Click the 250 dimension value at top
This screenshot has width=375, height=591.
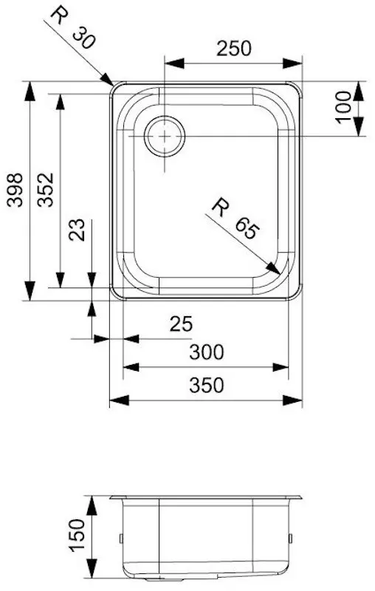pyautogui.click(x=234, y=48)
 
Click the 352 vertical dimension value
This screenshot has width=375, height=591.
pyautogui.click(x=45, y=191)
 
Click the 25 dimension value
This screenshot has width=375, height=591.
pyautogui.click(x=181, y=323)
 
